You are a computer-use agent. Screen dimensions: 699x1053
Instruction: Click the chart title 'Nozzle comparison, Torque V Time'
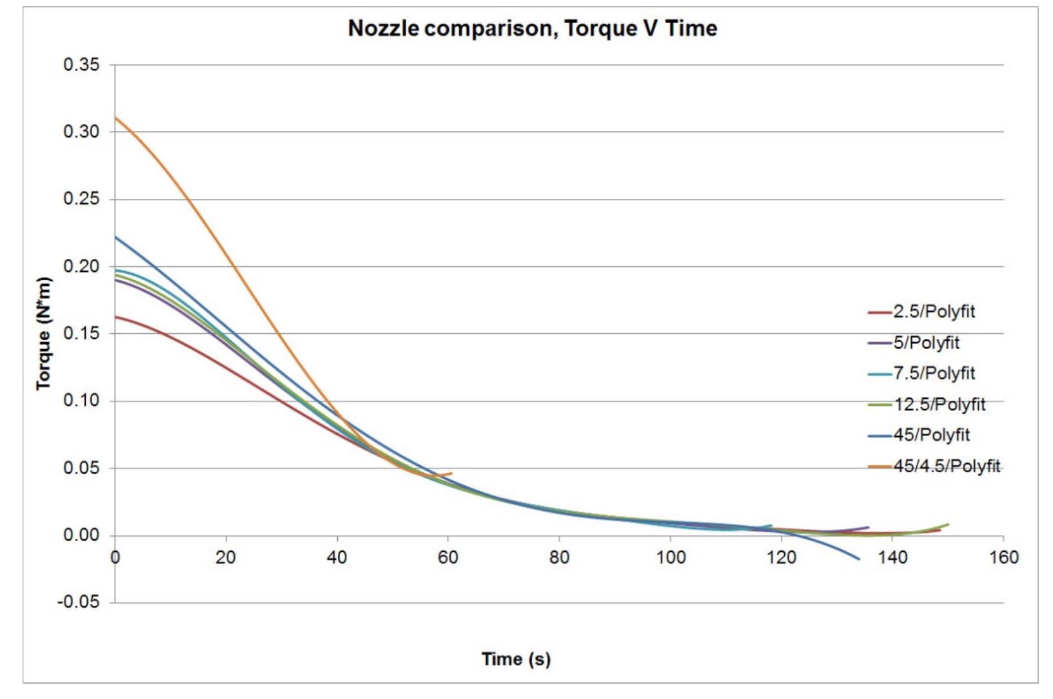[532, 28]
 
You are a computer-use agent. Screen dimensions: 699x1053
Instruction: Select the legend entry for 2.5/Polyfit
[933, 312]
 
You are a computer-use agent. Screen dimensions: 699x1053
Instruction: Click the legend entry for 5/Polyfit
[925, 343]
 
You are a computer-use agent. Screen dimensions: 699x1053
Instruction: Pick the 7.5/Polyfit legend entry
[933, 374]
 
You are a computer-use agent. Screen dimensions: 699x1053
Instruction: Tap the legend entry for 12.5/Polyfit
[938, 405]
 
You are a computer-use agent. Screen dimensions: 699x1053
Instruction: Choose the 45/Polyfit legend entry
[930, 436]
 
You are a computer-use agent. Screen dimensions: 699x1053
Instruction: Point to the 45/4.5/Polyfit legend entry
[946, 466]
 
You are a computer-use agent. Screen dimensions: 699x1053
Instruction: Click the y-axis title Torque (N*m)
[43, 334]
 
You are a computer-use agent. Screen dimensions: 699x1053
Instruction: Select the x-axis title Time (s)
[516, 659]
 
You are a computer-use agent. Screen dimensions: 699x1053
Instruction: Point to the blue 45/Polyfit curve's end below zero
[858, 559]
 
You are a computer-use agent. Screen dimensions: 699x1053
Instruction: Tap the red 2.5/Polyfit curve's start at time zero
[116, 317]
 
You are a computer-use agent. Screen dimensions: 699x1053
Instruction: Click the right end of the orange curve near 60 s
[451, 474]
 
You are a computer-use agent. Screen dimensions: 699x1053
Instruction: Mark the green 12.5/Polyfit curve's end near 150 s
[948, 524]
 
